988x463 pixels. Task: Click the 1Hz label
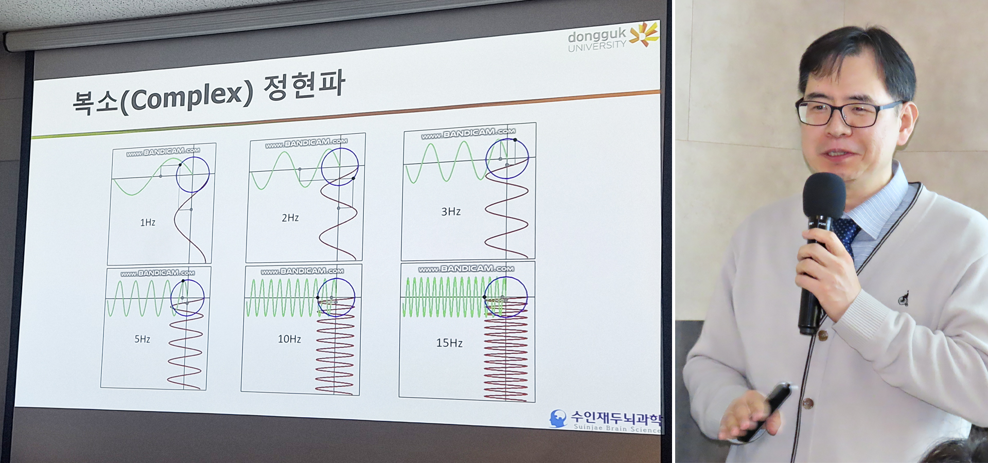pos(148,222)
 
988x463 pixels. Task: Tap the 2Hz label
pos(290,218)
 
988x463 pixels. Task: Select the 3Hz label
pos(451,211)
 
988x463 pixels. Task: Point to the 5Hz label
pos(143,339)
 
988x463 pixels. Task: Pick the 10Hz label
pos(289,339)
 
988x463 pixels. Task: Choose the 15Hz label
pos(449,343)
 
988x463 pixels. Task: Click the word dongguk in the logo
pos(597,35)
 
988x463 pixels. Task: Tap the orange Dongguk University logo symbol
pos(644,33)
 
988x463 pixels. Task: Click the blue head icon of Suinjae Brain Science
pos(558,418)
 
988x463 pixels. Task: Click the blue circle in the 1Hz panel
pos(177,175)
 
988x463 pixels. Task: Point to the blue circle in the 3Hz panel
pos(487,158)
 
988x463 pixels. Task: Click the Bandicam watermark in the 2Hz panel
pos(306,142)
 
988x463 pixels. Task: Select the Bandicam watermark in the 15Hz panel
pos(466,269)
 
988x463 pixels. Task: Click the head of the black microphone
pos(824,195)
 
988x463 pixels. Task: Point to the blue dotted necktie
pos(846,234)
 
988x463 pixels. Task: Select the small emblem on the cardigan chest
pos(903,298)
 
